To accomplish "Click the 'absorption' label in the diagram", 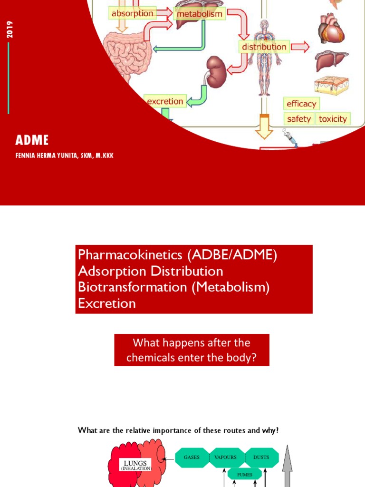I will pos(132,13).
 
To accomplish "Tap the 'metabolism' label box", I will pos(199,14).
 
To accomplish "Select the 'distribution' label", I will pos(264,47).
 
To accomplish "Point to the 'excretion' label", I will pos(164,101).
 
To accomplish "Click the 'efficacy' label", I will pos(301,104).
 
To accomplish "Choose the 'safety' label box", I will pos(299,119).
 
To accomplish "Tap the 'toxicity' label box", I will pos(333,119).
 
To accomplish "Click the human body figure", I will pos(264,62).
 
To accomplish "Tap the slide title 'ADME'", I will pos(32,140).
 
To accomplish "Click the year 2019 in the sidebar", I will pos(10,29).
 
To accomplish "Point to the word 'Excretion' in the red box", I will pos(107,303).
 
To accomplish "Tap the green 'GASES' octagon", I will pos(192,458).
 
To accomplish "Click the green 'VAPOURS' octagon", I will pos(226,458).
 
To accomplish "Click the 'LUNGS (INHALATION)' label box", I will pos(135,465).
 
